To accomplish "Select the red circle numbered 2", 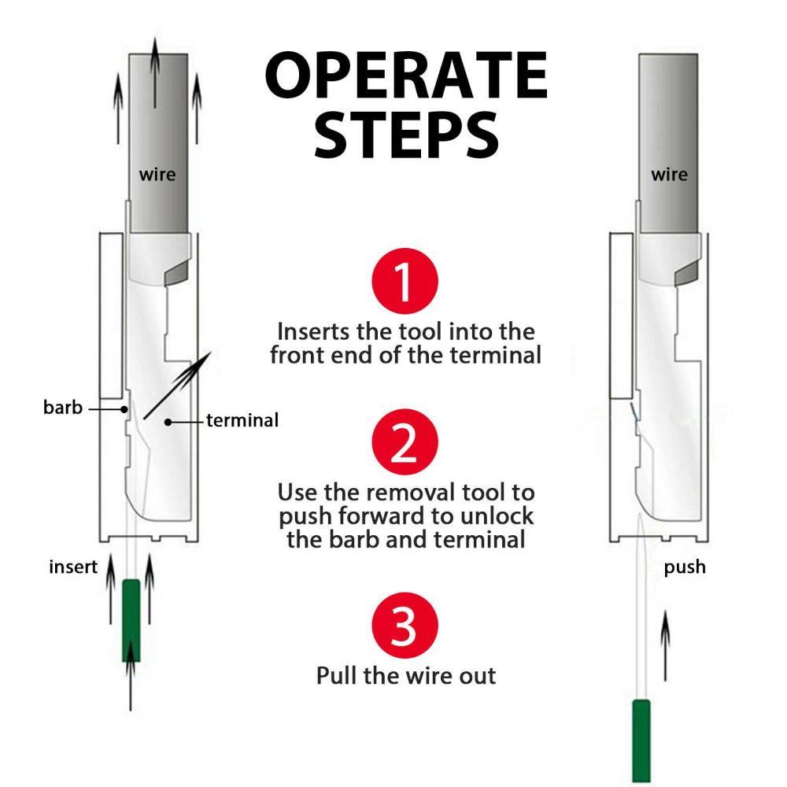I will point(403,442).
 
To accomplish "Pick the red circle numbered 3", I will point(403,626).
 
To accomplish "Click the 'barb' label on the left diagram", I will point(62,408).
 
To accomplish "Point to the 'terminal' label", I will point(242,421).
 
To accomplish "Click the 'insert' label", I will point(72,567).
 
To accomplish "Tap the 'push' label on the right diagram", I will point(685,567).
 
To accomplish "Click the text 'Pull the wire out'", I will point(406,675).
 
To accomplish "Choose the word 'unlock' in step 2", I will point(498,516).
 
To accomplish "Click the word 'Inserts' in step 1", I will point(308,331).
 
